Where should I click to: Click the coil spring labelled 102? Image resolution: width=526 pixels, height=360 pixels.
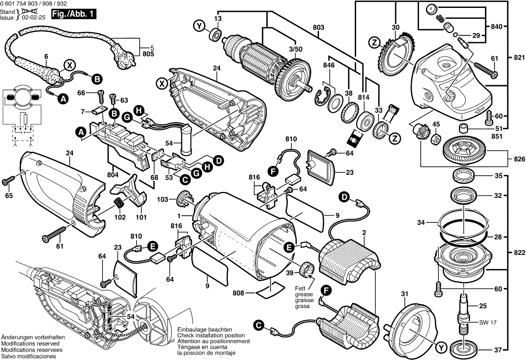(x=119, y=204)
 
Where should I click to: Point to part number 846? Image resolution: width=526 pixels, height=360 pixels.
(x=328, y=65)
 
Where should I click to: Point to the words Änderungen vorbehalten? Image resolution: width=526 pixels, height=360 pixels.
(x=30, y=336)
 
